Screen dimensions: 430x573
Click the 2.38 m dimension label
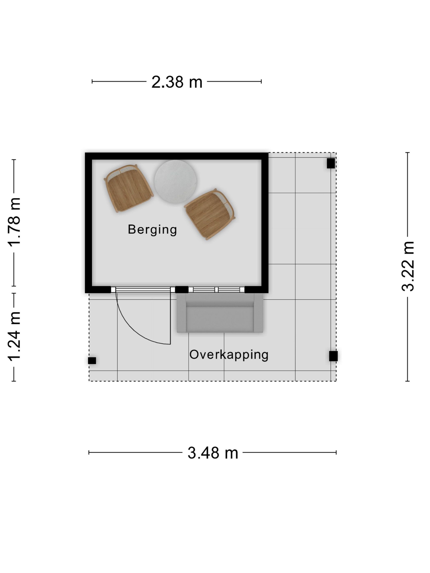point(177,82)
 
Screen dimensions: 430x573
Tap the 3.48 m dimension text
point(213,453)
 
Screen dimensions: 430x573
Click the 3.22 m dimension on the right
point(408,266)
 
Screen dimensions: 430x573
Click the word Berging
point(152,230)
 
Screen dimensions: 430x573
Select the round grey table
point(176,182)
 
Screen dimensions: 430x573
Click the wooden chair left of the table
point(129,188)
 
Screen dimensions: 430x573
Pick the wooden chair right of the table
point(210,214)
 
